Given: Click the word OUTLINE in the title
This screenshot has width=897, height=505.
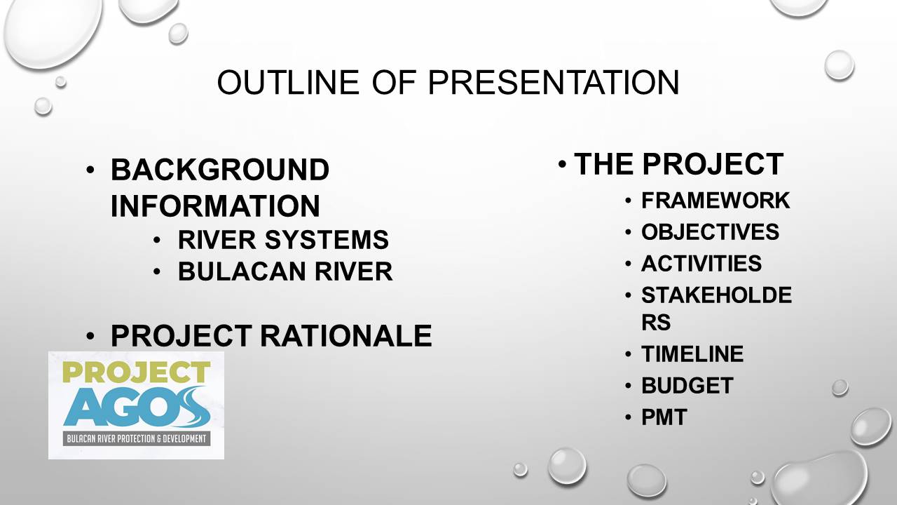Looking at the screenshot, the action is pyautogui.click(x=288, y=82).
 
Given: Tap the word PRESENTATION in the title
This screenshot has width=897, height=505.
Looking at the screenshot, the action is pyautogui.click(x=554, y=82).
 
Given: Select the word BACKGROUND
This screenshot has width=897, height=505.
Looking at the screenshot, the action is pyautogui.click(x=220, y=169).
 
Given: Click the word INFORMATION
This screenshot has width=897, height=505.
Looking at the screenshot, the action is pyautogui.click(x=215, y=206).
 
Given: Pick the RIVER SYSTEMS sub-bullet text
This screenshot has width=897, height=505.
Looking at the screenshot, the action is pyautogui.click(x=283, y=240).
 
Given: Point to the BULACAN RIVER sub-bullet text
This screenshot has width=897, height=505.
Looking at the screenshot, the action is pyautogui.click(x=285, y=271).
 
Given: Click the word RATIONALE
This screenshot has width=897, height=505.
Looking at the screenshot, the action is pyautogui.click(x=346, y=335).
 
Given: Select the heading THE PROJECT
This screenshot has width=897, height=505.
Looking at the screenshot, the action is pyautogui.click(x=679, y=164).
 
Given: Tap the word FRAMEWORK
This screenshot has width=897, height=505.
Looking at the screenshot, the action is pyautogui.click(x=715, y=201).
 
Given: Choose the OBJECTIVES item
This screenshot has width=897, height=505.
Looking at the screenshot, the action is pyautogui.click(x=711, y=231).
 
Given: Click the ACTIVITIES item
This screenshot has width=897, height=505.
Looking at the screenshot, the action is pyautogui.click(x=701, y=263).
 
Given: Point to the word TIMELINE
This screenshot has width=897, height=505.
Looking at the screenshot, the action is pyautogui.click(x=692, y=354).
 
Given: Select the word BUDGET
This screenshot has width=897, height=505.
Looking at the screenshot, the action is pyautogui.click(x=687, y=386).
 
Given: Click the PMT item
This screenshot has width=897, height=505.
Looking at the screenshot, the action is pyautogui.click(x=664, y=417).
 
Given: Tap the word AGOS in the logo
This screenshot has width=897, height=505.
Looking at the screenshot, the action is pyautogui.click(x=137, y=407).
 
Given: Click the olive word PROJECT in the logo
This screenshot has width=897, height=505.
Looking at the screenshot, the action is pyautogui.click(x=137, y=372).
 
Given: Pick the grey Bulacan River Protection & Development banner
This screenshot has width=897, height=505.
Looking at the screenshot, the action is pyautogui.click(x=137, y=439).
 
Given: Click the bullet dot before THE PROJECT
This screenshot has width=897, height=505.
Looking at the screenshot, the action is pyautogui.click(x=562, y=164).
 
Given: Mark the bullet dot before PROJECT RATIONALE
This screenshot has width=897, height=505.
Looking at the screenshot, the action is pyautogui.click(x=90, y=336).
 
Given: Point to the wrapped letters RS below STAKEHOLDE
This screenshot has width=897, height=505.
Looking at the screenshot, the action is pyautogui.click(x=656, y=322).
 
